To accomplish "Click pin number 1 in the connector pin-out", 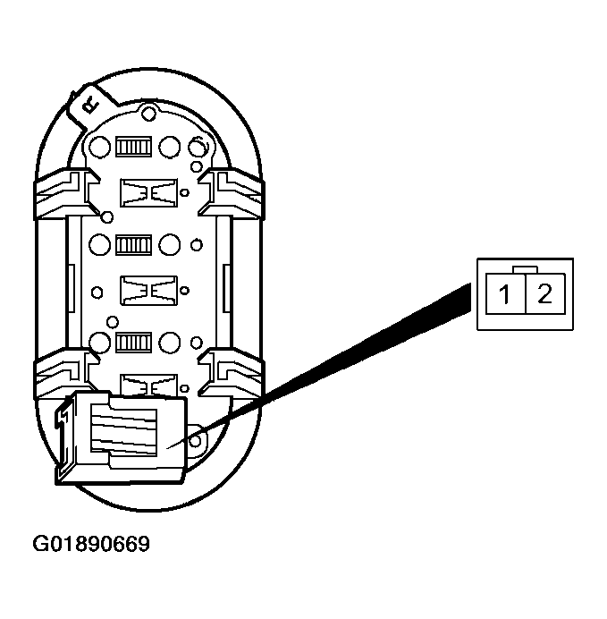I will [x=505, y=294].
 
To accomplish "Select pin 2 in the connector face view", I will [x=544, y=294].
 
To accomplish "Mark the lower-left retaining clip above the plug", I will [x=63, y=374].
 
